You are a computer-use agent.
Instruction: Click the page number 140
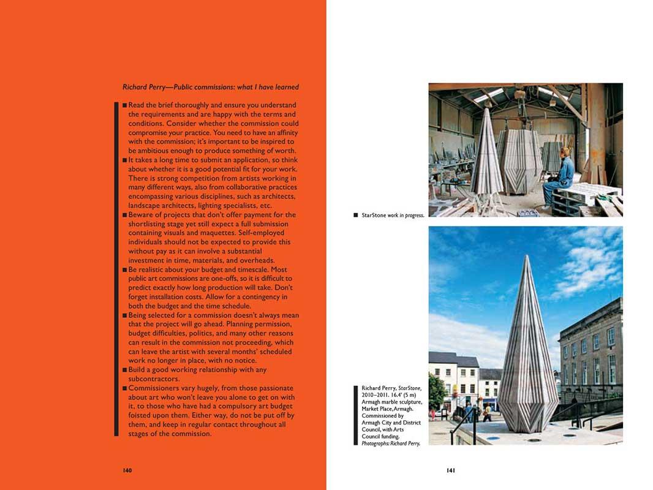point(127,470)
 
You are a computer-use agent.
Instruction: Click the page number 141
point(451,470)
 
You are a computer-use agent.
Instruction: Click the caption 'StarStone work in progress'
point(393,216)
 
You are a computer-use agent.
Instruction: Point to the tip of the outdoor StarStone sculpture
point(526,257)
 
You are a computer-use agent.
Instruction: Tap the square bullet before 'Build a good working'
point(125,371)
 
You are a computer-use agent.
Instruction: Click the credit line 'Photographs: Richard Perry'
point(391,443)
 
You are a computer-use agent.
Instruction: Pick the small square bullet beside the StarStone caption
point(356,216)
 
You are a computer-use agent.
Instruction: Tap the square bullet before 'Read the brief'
point(125,105)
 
